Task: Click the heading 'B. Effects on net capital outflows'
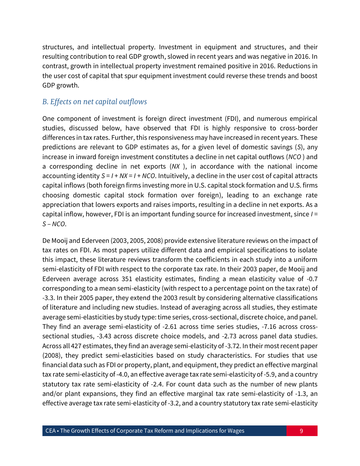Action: pos(94,102)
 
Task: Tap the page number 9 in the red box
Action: pos(301,431)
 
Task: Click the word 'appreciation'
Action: pos(61,205)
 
